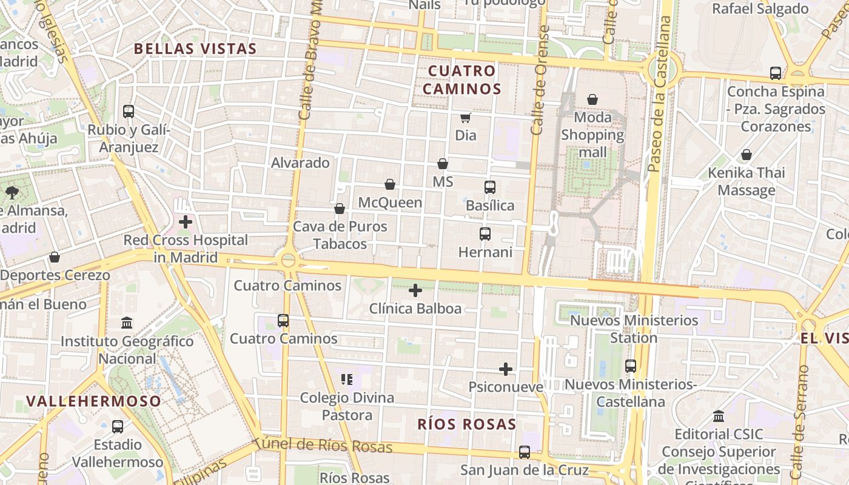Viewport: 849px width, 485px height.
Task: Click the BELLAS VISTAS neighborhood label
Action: coord(195,48)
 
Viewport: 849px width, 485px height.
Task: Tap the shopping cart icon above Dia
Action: coord(465,118)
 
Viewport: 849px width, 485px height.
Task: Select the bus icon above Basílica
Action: coord(489,187)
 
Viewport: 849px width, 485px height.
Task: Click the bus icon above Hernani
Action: coord(485,234)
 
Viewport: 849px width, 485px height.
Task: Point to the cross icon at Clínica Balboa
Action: coord(415,291)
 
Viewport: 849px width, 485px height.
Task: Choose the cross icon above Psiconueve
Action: coord(505,369)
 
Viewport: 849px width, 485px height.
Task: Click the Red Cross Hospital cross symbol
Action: coord(186,222)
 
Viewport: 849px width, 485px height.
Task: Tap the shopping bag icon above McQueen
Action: coord(390,184)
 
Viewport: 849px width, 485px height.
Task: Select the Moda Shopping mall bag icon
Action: coord(592,99)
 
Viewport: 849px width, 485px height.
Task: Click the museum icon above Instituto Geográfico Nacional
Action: coord(127,323)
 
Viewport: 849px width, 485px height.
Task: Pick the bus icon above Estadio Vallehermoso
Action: coord(118,427)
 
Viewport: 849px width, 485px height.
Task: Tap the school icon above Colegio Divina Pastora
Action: coord(347,380)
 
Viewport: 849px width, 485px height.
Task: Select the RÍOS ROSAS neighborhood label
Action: coord(466,424)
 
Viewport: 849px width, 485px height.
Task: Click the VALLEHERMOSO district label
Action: coord(94,401)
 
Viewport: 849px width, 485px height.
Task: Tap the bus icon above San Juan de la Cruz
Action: coord(524,452)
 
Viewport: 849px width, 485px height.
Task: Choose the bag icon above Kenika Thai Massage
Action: coord(747,155)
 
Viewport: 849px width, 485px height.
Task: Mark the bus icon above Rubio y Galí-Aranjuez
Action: coord(128,112)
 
